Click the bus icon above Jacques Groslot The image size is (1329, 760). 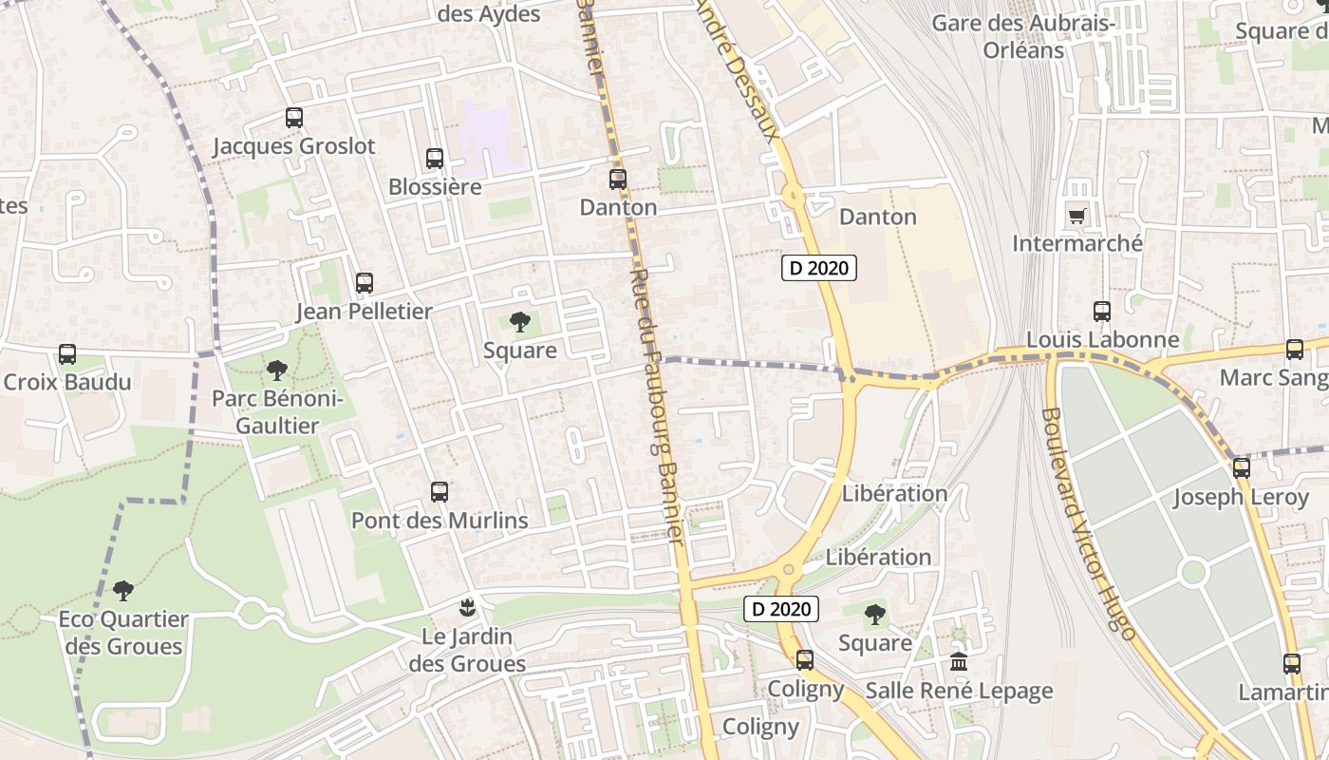click(x=294, y=118)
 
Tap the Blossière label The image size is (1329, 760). click(x=435, y=187)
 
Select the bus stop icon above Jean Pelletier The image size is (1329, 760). click(x=364, y=282)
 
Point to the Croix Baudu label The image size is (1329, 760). click(x=66, y=382)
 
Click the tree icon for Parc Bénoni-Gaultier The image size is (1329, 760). click(x=276, y=370)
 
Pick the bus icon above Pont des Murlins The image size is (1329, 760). click(x=439, y=492)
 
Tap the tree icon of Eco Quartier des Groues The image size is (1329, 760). click(x=122, y=591)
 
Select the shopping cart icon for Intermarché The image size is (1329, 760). click(x=1076, y=216)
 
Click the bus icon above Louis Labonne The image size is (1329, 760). click(x=1102, y=311)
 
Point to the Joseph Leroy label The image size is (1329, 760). click(x=1240, y=497)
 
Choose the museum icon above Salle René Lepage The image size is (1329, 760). click(x=959, y=661)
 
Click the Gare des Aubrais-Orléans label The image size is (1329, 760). click(x=1023, y=36)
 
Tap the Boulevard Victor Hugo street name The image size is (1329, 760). click(x=1088, y=522)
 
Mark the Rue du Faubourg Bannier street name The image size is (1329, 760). click(x=657, y=404)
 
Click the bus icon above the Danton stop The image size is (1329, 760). click(x=618, y=179)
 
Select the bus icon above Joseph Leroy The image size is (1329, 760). click(x=1241, y=467)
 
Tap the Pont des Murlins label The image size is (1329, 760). click(x=440, y=521)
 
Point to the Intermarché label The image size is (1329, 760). click(x=1076, y=244)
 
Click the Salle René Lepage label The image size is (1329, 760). click(x=959, y=691)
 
